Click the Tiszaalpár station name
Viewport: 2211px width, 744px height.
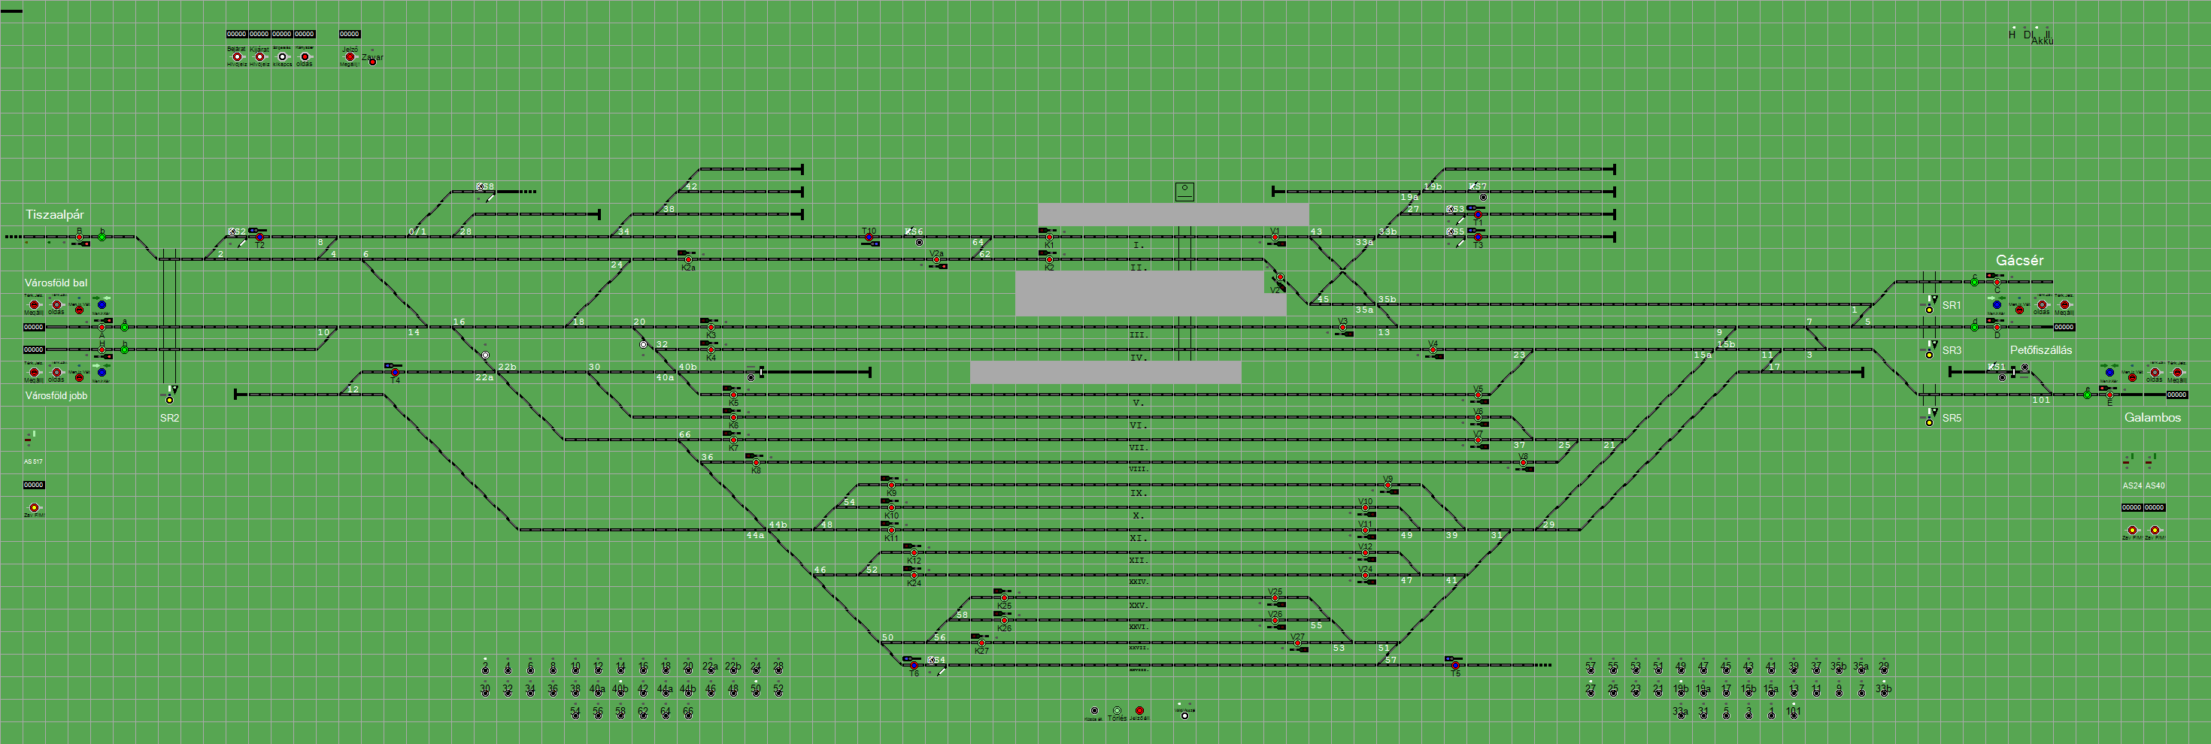55,214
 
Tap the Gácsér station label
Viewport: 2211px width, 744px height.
2018,260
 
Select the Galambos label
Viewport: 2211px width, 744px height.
2152,418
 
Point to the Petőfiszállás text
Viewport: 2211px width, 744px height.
2040,350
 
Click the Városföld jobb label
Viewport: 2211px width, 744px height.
56,395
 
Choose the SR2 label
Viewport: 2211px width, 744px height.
169,418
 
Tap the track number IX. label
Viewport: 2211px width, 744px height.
1138,492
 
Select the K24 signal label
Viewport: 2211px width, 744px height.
913,583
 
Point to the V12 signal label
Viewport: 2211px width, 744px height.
1365,546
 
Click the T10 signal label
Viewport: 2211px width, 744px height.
869,231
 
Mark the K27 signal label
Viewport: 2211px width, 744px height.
981,651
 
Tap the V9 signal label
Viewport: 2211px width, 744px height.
1387,479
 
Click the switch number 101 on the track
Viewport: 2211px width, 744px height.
2040,400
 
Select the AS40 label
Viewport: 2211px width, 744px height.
2155,485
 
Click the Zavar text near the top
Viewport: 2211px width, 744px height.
372,58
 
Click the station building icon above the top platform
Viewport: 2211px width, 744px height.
1184,190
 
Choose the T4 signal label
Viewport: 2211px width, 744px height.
395,380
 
